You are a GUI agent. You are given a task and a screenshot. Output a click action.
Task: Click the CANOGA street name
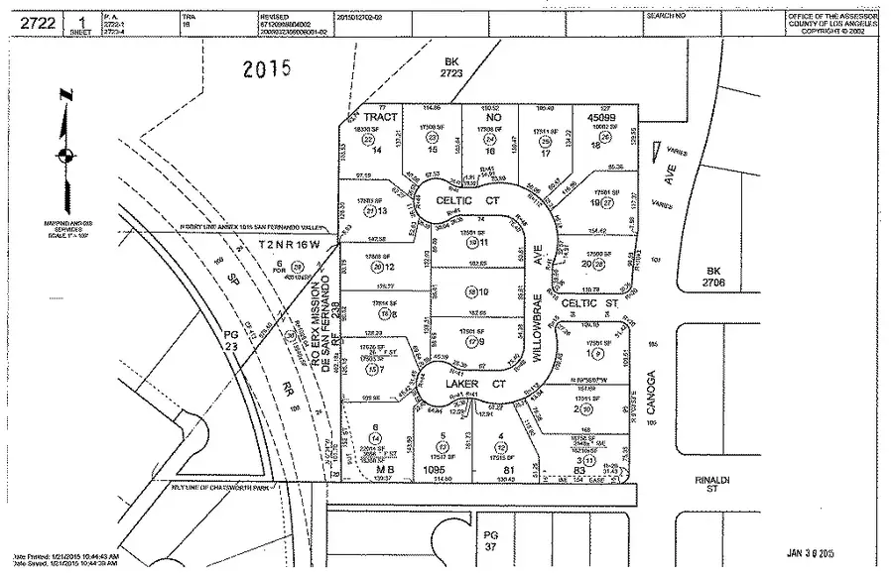coord(652,391)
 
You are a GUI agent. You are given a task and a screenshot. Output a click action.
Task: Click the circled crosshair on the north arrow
coord(65,155)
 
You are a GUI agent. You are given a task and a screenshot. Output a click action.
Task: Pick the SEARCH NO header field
coord(665,17)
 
